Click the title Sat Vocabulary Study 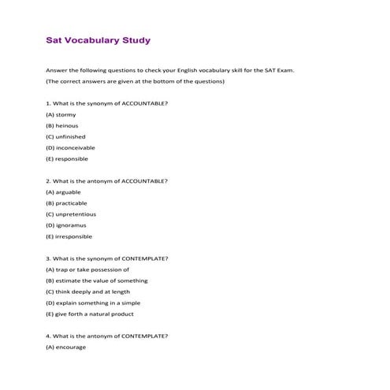[98, 39]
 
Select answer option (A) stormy [61, 114]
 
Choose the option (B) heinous [62, 125]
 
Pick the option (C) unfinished [65, 136]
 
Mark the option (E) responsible [67, 158]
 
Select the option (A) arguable [63, 191]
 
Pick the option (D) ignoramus [66, 225]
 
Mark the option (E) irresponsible [69, 236]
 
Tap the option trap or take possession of [87, 269]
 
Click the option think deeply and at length [89, 292]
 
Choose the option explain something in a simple [95, 303]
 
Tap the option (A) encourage [65, 347]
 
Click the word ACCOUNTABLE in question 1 [141, 103]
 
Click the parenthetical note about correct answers [136, 81]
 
